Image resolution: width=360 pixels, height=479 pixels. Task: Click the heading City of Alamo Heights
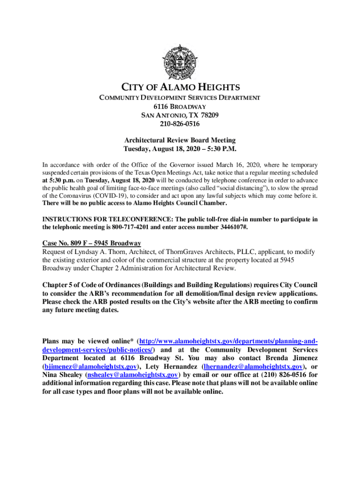coord(180,87)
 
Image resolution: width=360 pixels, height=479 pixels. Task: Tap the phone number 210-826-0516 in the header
coord(180,124)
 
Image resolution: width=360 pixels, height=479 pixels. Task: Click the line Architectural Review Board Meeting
coord(180,140)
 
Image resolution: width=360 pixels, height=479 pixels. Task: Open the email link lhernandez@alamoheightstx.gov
coord(253,367)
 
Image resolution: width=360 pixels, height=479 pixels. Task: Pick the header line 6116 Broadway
coord(180,106)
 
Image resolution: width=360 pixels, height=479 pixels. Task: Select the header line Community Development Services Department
coord(180,97)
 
